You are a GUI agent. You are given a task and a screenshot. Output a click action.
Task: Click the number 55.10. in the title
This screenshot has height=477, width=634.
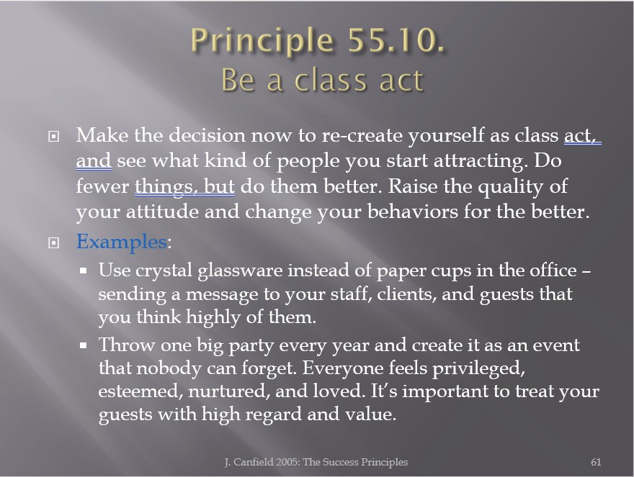click(396, 40)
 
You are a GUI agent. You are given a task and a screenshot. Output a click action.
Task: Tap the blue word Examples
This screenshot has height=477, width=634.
click(121, 242)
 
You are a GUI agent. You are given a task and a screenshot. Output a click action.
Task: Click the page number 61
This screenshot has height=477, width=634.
click(596, 462)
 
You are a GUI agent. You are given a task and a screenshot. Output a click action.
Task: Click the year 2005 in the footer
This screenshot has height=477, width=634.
click(287, 462)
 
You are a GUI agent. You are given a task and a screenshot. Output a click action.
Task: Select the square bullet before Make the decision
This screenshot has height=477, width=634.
click(54, 137)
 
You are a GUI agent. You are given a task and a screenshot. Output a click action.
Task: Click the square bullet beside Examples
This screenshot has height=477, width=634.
click(54, 242)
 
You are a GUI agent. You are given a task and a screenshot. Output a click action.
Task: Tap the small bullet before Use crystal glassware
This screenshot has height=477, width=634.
click(84, 271)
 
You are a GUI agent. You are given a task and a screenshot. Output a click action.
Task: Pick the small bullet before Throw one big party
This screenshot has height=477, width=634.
click(84, 345)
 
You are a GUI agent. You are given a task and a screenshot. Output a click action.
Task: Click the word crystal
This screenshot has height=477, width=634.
click(164, 271)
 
